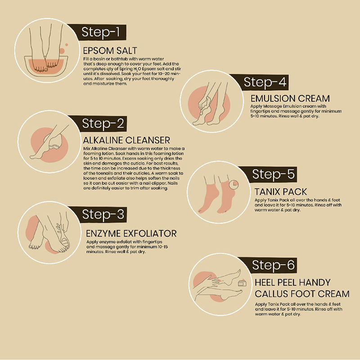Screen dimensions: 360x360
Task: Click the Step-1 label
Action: (100, 32)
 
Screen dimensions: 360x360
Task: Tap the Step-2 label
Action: (103, 123)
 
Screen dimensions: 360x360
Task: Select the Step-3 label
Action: (103, 214)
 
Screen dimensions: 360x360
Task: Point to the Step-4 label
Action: (265, 82)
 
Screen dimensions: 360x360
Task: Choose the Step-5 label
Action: (273, 174)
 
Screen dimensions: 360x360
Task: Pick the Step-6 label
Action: (273, 265)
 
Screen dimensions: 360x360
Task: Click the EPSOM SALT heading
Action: (110, 51)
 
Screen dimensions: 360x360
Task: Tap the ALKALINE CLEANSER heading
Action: (126, 140)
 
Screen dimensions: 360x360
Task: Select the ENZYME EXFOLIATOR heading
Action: (131, 234)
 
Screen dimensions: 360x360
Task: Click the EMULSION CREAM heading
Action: (290, 99)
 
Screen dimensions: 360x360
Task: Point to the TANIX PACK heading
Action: (280, 192)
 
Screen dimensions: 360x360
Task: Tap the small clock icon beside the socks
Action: (234, 184)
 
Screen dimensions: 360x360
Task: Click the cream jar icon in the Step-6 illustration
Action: (242, 283)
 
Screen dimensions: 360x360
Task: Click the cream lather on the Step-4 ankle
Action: (205, 106)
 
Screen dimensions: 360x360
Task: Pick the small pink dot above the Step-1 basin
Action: (67, 45)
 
